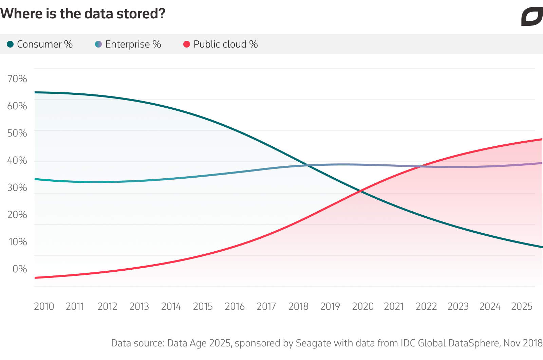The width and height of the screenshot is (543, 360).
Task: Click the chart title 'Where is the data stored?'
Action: pos(82,14)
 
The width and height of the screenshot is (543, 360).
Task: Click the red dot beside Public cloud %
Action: pos(187,44)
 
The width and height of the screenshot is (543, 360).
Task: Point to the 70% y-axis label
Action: pos(17,79)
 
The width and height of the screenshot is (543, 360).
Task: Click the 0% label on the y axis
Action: pos(20,269)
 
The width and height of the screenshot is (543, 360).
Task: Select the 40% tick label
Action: pos(17,160)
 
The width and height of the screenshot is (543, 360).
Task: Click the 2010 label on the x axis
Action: pos(44,306)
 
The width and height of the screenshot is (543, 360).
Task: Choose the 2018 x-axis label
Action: pos(298,306)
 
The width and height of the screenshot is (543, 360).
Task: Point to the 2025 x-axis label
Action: pos(522,306)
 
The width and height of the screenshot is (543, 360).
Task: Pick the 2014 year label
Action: pos(171,306)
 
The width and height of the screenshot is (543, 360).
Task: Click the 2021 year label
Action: pos(394,306)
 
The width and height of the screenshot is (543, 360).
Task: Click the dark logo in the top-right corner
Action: pos(532,17)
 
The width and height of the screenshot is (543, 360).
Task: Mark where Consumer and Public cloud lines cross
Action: pos(361,191)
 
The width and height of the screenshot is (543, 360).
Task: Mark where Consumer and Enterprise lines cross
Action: pos(307,165)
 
